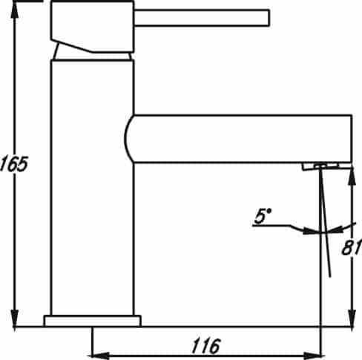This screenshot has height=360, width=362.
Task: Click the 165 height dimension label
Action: (13, 163)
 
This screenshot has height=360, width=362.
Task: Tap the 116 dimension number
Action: (205, 345)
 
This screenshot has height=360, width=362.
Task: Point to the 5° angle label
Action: (263, 216)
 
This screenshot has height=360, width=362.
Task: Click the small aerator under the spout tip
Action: (320, 166)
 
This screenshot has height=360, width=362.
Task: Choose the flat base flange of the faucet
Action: (92, 321)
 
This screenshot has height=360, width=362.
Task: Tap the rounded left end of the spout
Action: (128, 139)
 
